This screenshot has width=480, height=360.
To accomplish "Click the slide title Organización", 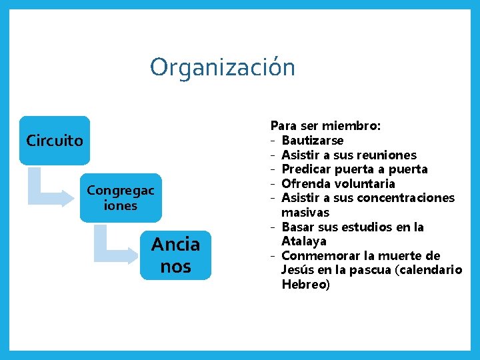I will [x=222, y=67].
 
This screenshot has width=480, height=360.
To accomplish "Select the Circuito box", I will [x=55, y=141].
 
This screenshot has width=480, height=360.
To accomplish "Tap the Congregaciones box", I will [x=121, y=198].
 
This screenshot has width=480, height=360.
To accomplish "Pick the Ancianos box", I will [x=175, y=255].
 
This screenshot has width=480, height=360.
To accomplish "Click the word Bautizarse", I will [x=313, y=140].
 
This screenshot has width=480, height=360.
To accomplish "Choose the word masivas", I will [x=305, y=213].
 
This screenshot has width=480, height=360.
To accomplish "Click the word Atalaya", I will [x=303, y=241].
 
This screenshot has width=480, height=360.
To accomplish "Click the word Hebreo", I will [x=303, y=285].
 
